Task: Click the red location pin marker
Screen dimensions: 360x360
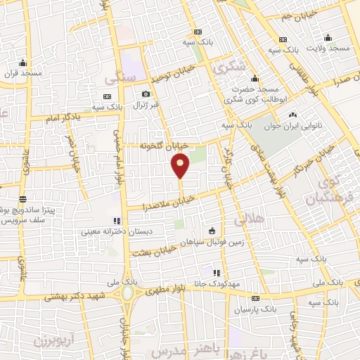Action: click(181, 165)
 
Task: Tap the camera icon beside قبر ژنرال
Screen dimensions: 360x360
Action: click(146, 94)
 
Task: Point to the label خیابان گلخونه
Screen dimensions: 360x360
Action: click(163, 146)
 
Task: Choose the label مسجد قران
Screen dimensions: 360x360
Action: click(23, 73)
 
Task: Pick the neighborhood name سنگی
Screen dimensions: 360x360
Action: click(119, 79)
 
